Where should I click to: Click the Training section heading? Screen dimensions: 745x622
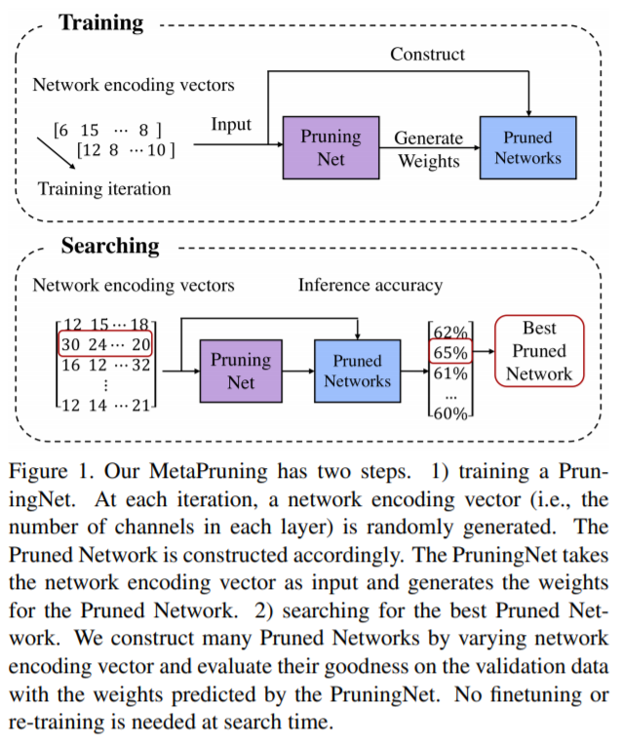coord(101,21)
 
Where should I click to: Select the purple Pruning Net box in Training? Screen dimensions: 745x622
coord(330,147)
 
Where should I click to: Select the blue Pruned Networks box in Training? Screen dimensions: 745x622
coord(527,147)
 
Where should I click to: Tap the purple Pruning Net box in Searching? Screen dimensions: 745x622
coord(241,372)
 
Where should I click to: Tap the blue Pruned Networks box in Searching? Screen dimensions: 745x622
coord(357,372)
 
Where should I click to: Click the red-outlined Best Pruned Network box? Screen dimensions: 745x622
coord(539,350)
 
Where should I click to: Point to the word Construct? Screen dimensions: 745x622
coord(427,55)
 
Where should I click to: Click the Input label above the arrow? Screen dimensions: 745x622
coord(231,125)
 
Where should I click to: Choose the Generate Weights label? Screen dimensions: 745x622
coord(428,148)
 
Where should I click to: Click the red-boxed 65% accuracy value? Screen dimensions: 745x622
coord(451,351)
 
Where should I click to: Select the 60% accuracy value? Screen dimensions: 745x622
coord(451,413)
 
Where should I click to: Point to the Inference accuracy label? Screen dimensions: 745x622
coord(369,285)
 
